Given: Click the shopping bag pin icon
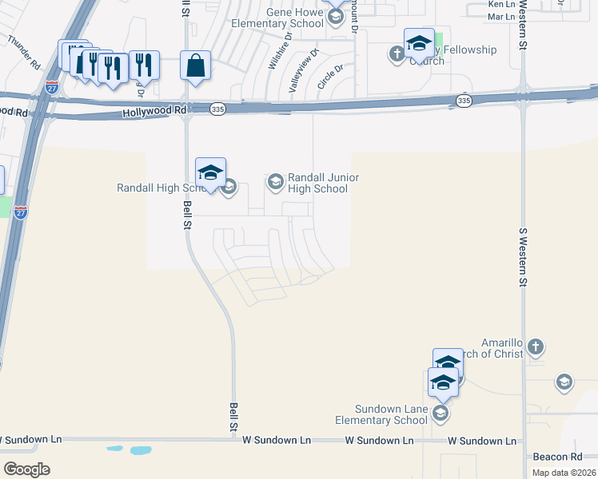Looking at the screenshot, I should tap(196, 66).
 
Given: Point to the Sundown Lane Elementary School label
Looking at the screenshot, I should tap(381, 414).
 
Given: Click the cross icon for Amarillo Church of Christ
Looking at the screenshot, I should tap(536, 346).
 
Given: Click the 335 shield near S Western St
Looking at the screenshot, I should tap(464, 100).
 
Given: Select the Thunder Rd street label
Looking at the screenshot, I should tap(25, 53).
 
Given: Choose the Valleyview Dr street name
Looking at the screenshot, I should tap(304, 72).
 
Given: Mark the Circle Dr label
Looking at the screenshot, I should tap(329, 77).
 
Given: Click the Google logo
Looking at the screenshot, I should tap(26, 469).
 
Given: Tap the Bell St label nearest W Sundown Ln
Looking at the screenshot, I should tap(234, 417).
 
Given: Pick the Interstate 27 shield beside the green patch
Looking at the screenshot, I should tap(21, 212).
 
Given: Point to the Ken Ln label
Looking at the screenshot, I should tap(501, 5).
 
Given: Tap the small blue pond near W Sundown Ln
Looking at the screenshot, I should tap(139, 450).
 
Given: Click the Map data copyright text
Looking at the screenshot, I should tap(564, 473).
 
